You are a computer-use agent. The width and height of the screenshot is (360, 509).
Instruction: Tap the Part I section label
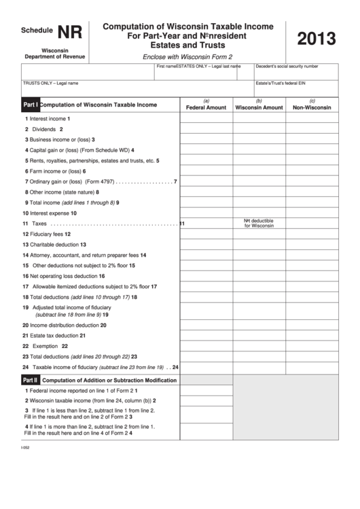(x=31, y=105)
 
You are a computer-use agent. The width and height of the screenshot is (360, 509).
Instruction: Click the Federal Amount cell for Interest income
(x=206, y=118)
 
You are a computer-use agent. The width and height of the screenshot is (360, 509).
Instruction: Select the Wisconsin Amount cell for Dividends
(x=259, y=128)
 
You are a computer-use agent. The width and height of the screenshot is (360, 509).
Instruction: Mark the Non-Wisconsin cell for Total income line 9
(x=312, y=203)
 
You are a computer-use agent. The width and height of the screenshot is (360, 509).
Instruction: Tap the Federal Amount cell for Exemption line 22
(x=206, y=346)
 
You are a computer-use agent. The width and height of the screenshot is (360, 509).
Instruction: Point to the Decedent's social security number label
(x=287, y=67)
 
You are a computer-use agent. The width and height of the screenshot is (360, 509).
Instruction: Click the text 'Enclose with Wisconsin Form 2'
(x=187, y=56)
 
